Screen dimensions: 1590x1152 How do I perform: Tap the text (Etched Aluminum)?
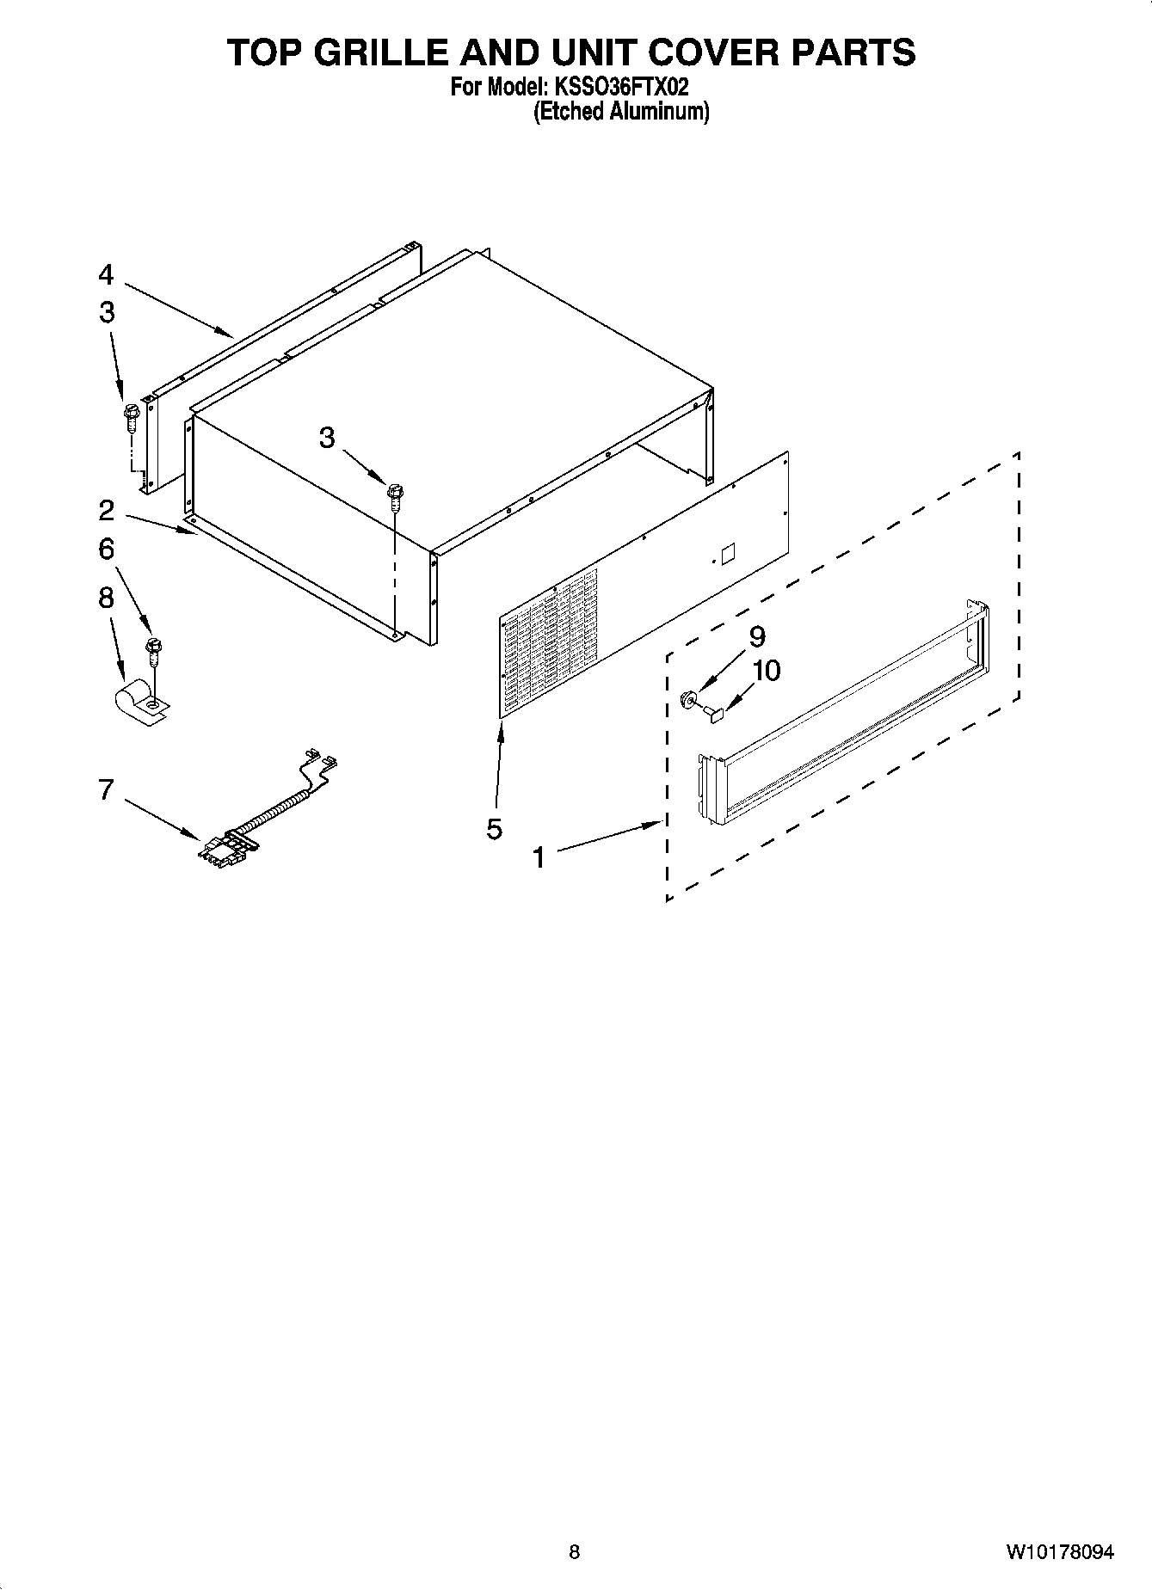pos(621,112)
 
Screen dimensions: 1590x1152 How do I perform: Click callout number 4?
pos(106,275)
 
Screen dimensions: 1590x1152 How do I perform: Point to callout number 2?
pos(106,511)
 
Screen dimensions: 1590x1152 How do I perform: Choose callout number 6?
pos(106,549)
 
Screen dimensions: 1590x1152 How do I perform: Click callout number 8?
pos(106,598)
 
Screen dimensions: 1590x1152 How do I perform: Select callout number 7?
pos(106,789)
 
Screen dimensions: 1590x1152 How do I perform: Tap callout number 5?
pos(494,829)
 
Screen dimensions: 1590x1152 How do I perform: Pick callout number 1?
pos(539,857)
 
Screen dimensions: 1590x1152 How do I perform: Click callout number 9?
pos(757,637)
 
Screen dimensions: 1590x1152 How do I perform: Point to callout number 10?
pos(767,670)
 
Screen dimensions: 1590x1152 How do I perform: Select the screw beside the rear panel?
pos(132,418)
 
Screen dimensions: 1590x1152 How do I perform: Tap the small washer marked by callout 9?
pos(688,698)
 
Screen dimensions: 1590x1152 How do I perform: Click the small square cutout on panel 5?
pos(727,553)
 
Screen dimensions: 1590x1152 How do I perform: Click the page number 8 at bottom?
pos(575,1552)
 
